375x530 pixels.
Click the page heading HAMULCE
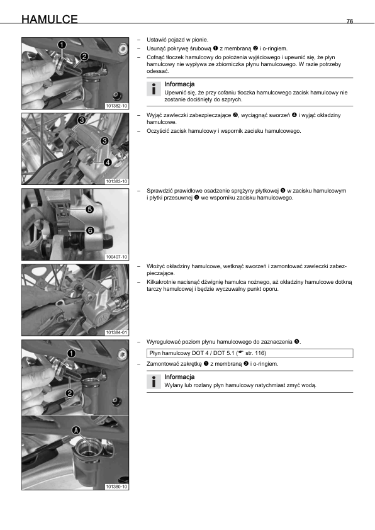point(50,20)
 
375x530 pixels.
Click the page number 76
point(350,21)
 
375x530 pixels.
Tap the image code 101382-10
point(116,106)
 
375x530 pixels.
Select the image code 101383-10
point(116,181)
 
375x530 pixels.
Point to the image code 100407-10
point(116,257)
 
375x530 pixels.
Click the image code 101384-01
point(116,332)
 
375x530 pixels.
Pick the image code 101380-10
point(116,487)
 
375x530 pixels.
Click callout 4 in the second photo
point(108,162)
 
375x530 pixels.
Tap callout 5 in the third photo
point(89,210)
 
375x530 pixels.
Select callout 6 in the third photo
point(90,230)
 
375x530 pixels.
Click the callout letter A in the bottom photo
point(76,431)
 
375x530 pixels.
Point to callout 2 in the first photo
point(84,57)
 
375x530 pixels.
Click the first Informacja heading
point(179,84)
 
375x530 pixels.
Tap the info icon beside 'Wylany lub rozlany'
point(154,381)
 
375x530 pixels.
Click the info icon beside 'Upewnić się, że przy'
point(154,89)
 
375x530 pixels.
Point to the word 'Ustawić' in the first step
point(156,40)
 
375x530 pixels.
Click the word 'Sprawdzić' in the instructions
point(159,191)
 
